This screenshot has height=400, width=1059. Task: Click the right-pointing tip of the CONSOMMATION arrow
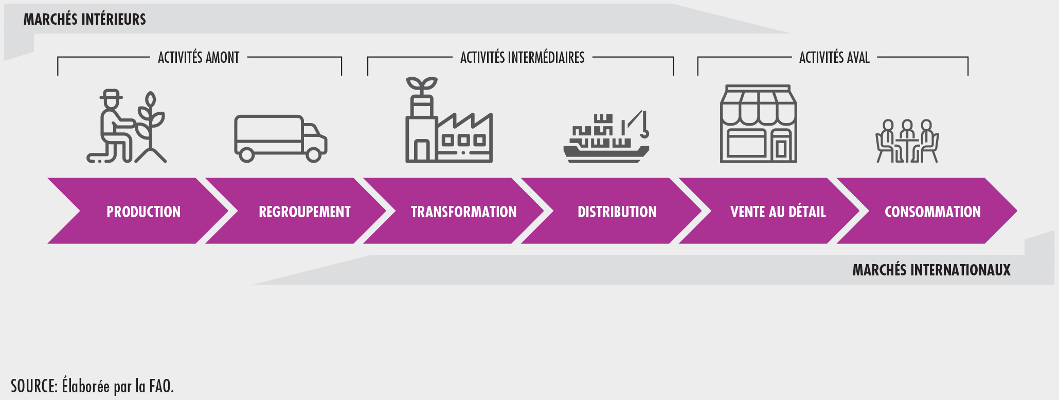1017,211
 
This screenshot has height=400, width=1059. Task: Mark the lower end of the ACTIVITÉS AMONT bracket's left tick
58,75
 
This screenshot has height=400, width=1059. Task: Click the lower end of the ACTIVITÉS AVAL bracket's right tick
968,75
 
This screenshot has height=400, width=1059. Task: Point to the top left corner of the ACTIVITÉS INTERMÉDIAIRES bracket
368,57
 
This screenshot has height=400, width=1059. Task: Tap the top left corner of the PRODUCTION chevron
48,178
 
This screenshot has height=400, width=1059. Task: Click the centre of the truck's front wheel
313,154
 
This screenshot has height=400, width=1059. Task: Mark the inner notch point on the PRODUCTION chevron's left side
80,211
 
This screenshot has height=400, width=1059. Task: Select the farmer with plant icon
127,127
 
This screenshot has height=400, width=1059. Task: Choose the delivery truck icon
281,138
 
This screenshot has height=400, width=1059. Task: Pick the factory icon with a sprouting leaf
449,120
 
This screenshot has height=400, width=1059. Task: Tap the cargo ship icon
606,136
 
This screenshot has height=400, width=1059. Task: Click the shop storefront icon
759,124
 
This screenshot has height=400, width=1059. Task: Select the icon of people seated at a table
907,141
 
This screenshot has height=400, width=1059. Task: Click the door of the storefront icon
781,146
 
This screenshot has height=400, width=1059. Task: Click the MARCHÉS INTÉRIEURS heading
85,20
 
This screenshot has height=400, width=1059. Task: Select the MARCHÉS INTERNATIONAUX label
931,270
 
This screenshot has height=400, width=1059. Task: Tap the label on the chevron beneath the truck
304,212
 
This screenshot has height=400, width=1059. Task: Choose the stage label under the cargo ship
617,212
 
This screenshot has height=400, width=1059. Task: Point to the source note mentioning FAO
93,386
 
